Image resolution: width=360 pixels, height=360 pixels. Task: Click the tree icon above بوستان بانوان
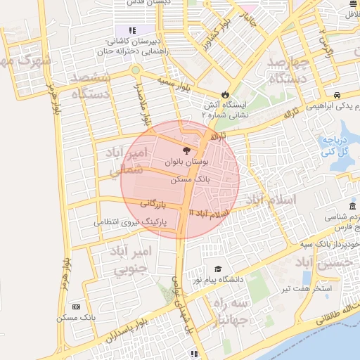[186, 150]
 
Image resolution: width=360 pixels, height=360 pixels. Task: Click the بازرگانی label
[152, 203]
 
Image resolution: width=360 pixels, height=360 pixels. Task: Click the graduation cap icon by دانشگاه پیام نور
[218, 269]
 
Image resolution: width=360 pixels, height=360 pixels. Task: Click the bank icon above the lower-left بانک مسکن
[76, 307]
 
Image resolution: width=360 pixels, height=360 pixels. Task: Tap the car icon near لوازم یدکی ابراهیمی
[337, 95]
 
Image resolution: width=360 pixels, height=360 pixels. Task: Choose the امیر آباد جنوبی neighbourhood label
[131, 259]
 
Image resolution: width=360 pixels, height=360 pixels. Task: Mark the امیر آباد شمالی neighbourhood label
[129, 161]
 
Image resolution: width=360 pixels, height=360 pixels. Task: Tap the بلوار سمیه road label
[175, 86]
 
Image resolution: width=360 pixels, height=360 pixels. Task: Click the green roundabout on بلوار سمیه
[135, 70]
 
